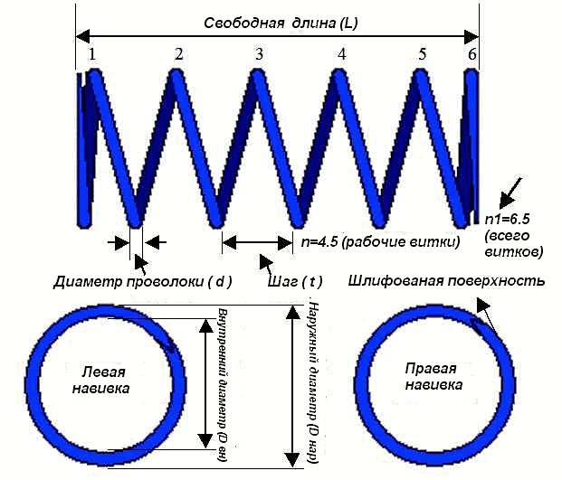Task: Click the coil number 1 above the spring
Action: [91, 55]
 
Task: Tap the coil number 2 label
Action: [179, 55]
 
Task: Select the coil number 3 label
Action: [260, 55]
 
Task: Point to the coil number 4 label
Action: [341, 55]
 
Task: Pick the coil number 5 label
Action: [422, 55]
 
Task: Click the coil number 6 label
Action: [472, 55]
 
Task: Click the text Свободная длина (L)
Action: [281, 24]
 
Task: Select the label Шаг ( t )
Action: [295, 281]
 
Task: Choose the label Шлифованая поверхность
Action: [446, 281]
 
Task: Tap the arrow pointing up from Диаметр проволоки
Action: [140, 261]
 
